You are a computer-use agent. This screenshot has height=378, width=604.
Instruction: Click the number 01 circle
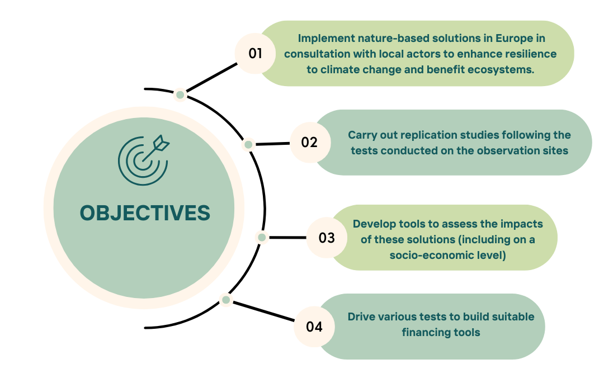pos(256,54)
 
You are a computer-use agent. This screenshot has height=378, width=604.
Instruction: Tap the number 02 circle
pos(309,143)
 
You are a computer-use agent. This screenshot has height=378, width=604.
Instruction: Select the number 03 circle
pos(327,238)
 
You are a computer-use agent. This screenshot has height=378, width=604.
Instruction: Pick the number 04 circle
pos(314,327)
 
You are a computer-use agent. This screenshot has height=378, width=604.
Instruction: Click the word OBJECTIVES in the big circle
pos(145,213)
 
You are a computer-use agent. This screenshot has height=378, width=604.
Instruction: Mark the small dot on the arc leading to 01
pos(180,95)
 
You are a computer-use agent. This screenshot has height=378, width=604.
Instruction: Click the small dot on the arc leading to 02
pos(248,145)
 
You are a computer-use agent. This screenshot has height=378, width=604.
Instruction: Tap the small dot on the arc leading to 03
pos(261,238)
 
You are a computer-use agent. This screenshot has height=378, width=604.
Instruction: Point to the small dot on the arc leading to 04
pos(226,300)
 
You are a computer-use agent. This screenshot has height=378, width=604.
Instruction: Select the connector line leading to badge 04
pos(263,311)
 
